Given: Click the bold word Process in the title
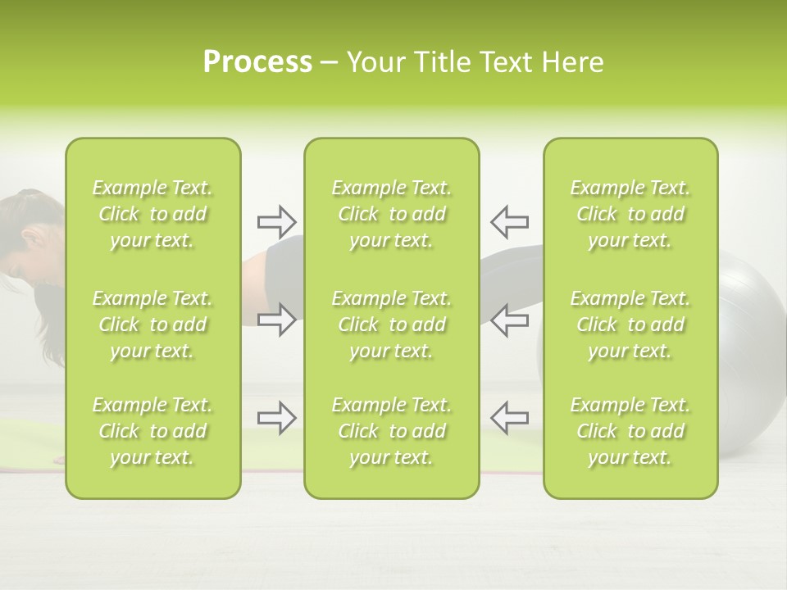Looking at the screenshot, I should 257,62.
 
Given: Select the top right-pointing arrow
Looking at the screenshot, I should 276,221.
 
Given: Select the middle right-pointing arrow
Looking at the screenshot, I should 276,320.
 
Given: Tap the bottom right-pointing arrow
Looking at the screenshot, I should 276,418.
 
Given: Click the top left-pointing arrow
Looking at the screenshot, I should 509,221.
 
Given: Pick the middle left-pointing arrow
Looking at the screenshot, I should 509,320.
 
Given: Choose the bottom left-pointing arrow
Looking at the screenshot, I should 509,418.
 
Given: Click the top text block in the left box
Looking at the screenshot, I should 152,214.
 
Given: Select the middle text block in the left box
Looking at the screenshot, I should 152,324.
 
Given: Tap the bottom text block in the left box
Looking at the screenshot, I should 152,431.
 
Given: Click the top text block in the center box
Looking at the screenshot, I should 391,214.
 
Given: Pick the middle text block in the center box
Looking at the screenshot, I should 391,324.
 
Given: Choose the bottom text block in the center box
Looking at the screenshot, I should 391,431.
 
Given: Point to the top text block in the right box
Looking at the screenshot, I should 630,214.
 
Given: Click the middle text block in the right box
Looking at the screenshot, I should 630,324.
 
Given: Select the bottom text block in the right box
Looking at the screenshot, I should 630,431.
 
